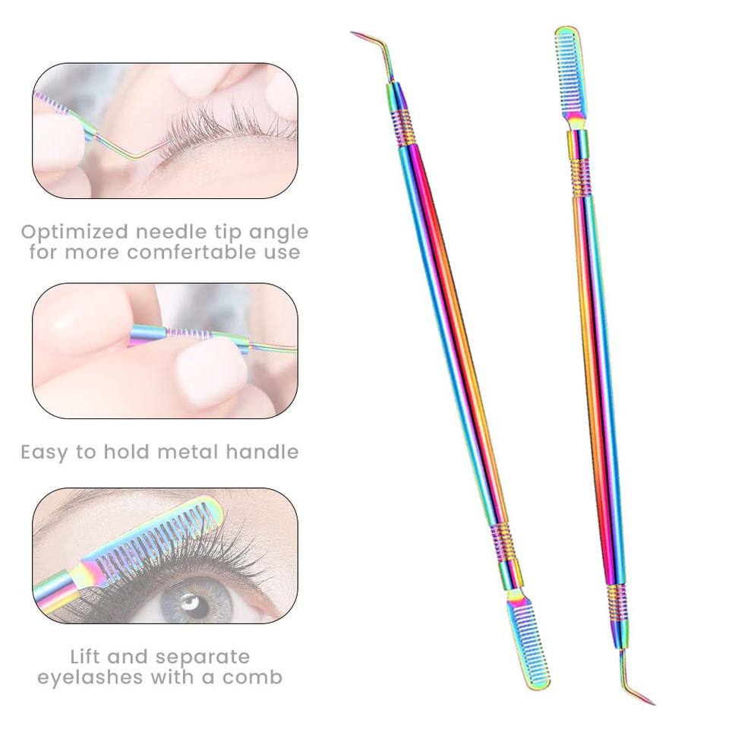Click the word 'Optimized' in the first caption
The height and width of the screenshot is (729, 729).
(75, 232)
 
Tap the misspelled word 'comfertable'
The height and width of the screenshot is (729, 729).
(213, 252)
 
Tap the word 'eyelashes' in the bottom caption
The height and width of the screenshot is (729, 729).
(90, 678)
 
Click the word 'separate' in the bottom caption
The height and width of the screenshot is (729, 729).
(203, 658)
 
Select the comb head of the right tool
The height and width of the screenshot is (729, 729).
(571, 74)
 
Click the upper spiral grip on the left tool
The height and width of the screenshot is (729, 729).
(403, 127)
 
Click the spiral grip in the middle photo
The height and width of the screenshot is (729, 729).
(189, 333)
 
